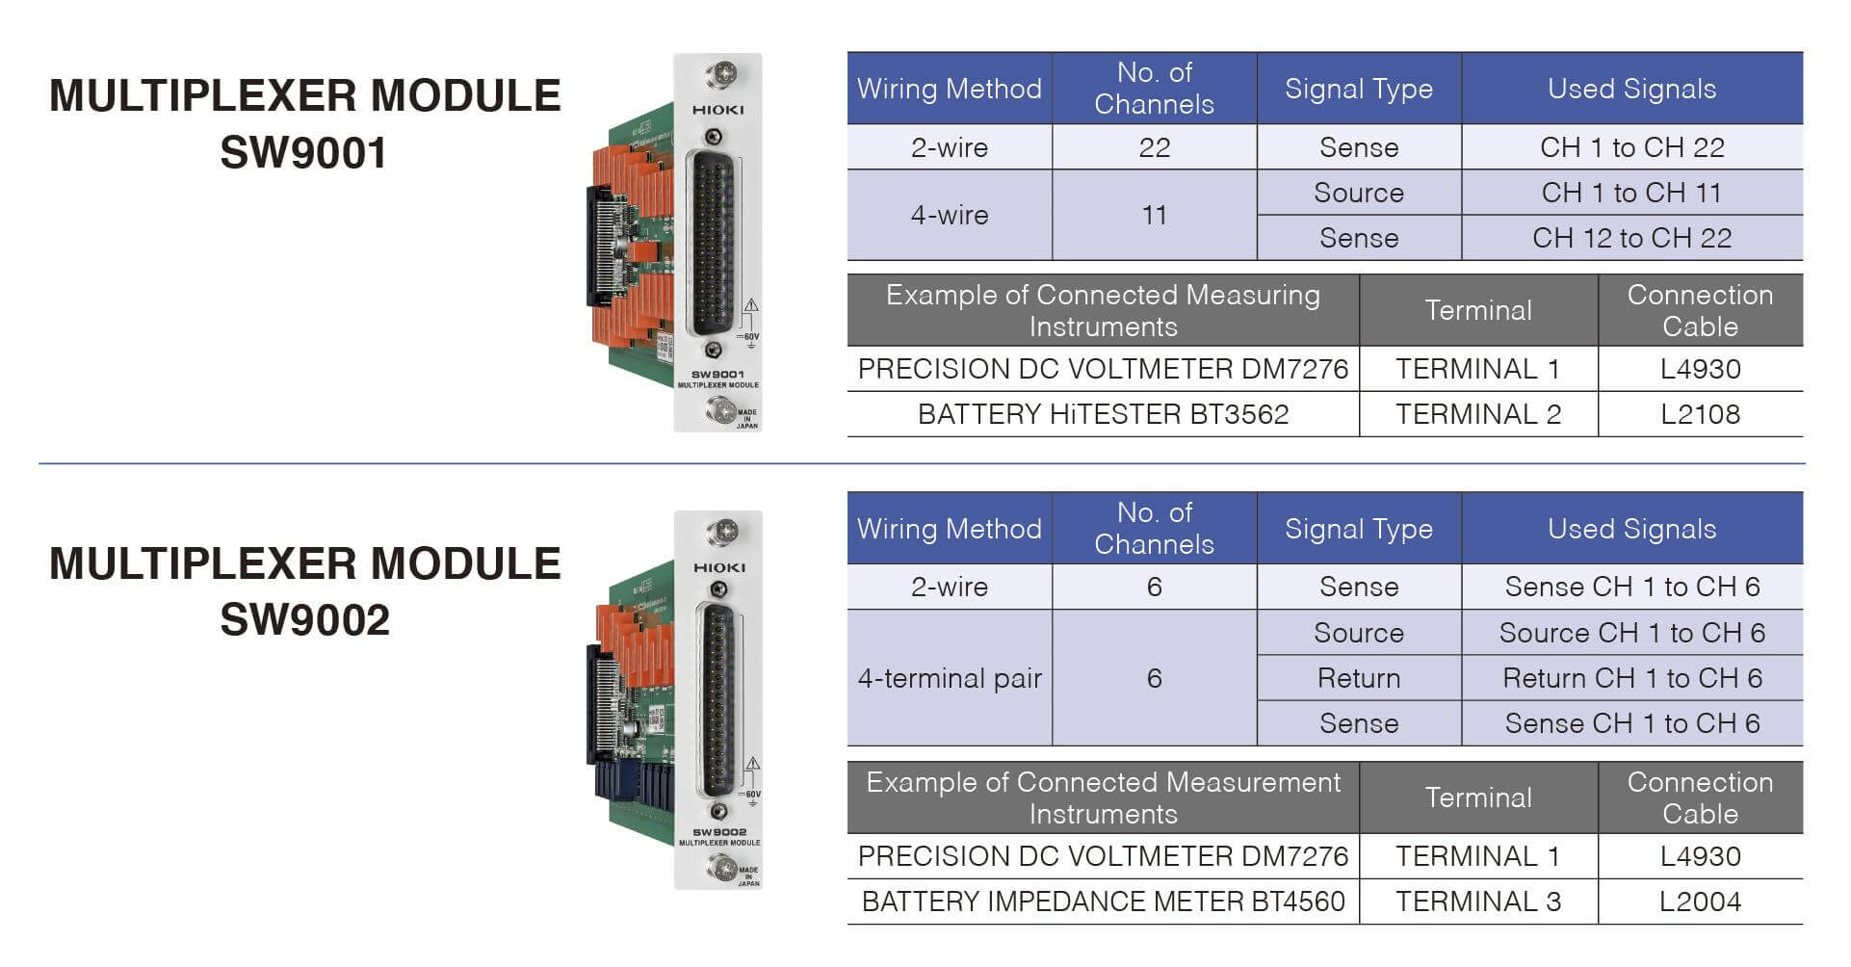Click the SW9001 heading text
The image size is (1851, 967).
pyautogui.click(x=303, y=152)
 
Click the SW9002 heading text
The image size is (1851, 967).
pyautogui.click(x=304, y=619)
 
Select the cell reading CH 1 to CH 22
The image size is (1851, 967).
pyautogui.click(x=1631, y=147)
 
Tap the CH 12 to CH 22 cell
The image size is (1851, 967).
pyautogui.click(x=1631, y=238)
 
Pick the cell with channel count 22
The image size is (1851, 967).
pyautogui.click(x=1154, y=147)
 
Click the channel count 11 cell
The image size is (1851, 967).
pyautogui.click(x=1154, y=215)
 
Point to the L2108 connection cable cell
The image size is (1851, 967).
pyautogui.click(x=1700, y=414)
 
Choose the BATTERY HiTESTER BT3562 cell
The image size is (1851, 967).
pyautogui.click(x=1103, y=414)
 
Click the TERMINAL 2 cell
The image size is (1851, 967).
pyautogui.click(x=1478, y=414)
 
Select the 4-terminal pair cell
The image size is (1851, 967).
pyautogui.click(x=950, y=678)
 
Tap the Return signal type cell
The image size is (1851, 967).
pyautogui.click(x=1359, y=678)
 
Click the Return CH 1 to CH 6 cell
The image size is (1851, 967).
pyautogui.click(x=1631, y=678)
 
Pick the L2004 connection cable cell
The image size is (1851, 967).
pyautogui.click(x=1700, y=902)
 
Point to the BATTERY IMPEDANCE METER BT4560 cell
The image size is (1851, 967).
pyautogui.click(x=1103, y=902)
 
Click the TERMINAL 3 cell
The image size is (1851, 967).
pyautogui.click(x=1478, y=902)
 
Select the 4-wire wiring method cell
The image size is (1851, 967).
pyautogui.click(x=950, y=215)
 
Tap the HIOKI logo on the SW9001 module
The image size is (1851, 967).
pyautogui.click(x=717, y=110)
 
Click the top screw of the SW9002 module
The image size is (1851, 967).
pyautogui.click(x=720, y=532)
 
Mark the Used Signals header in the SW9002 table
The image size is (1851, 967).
pyautogui.click(x=1631, y=529)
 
